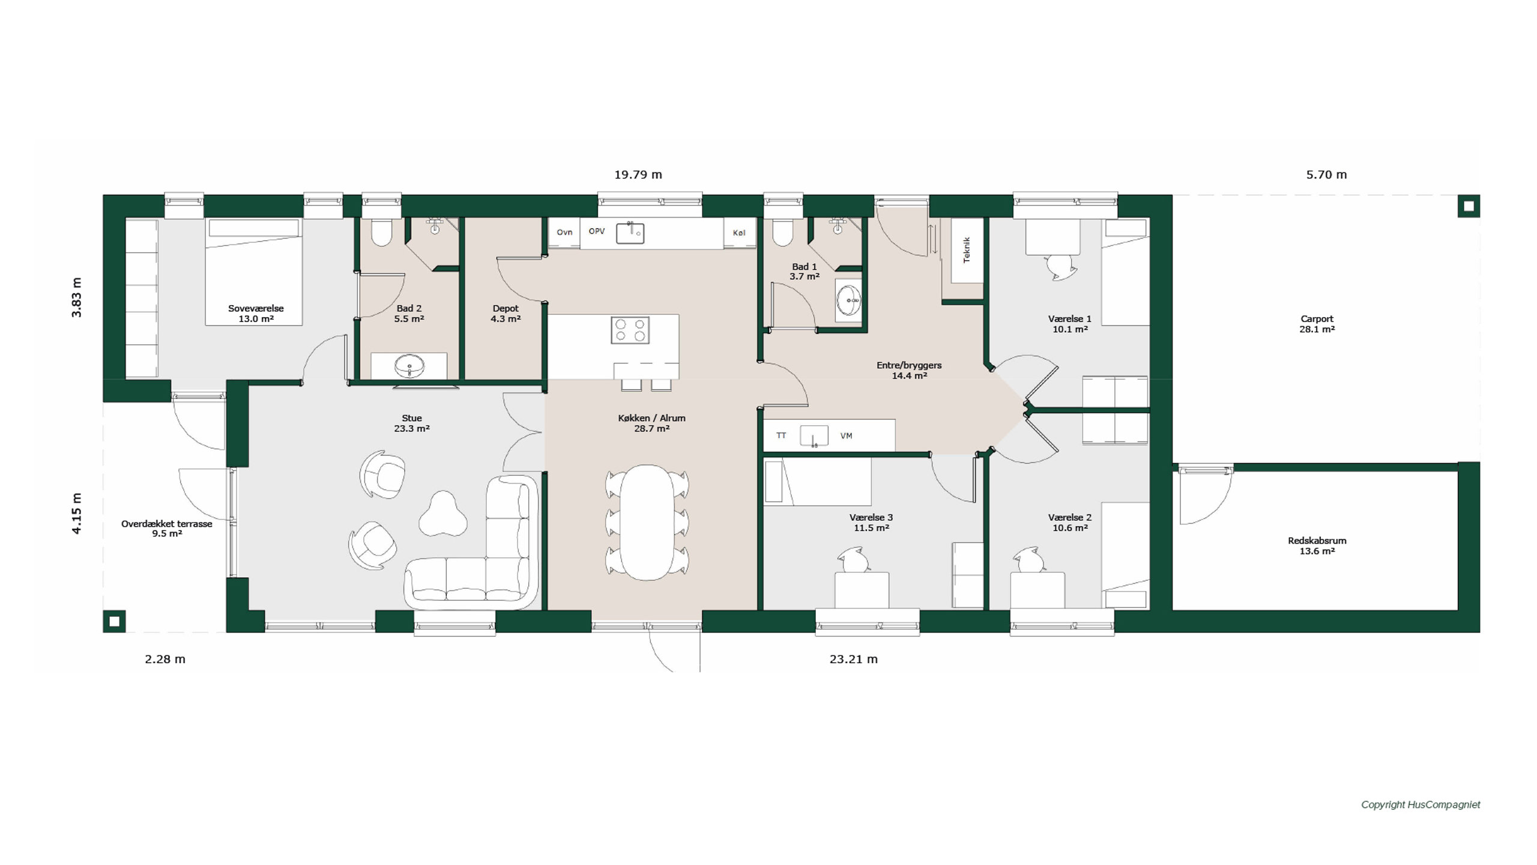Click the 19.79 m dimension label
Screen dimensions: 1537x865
(x=638, y=175)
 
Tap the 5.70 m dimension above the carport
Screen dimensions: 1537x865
(x=1326, y=175)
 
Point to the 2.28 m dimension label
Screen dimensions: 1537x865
(x=165, y=659)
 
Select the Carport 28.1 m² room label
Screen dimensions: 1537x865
(x=1317, y=324)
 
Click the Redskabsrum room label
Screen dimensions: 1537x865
(x=1317, y=545)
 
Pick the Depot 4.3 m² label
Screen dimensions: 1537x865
(x=505, y=313)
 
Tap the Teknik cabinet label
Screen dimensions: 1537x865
(x=967, y=250)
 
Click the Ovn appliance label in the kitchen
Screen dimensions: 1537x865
(x=564, y=232)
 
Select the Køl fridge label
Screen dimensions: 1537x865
(x=739, y=232)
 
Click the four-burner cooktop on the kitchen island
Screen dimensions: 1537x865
(x=630, y=330)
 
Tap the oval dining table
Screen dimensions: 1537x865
(x=647, y=523)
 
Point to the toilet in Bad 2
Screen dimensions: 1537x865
(x=381, y=232)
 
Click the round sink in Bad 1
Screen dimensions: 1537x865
(x=849, y=300)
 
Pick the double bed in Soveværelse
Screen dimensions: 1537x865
(x=253, y=272)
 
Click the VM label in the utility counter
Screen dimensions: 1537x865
(x=846, y=436)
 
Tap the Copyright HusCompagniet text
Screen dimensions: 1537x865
(x=1421, y=805)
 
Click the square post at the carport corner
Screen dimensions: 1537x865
(x=1469, y=206)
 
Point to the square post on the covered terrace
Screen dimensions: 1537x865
(x=114, y=621)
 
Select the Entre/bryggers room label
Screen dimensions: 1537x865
(x=909, y=370)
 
